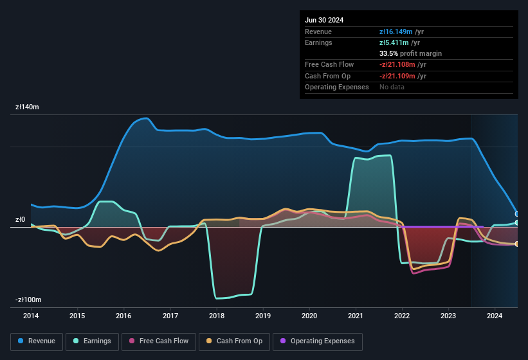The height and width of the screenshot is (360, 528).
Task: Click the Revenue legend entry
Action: click(37, 341)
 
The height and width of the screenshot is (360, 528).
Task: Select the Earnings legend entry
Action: click(93, 341)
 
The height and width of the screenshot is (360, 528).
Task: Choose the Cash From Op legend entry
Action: click(234, 341)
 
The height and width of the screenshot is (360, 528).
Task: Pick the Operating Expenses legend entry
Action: click(318, 341)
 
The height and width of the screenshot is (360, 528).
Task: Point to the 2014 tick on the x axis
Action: click(31, 316)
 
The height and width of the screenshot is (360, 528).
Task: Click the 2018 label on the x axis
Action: click(217, 316)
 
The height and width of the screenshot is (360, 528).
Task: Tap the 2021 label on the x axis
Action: click(356, 316)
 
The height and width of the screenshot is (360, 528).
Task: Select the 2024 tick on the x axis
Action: click(495, 316)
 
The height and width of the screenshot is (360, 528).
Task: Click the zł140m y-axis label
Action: click(28, 107)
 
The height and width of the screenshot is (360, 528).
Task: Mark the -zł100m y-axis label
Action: click(28, 300)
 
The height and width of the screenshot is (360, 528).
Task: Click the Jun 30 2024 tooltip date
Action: click(324, 20)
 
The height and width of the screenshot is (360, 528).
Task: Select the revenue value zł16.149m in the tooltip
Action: click(396, 32)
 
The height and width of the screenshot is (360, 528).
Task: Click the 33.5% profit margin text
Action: click(410, 53)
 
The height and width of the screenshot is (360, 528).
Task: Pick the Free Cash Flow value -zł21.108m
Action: click(397, 65)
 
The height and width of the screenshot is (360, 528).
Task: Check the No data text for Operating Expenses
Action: click(392, 87)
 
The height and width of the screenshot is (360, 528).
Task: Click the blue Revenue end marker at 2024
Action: click(517, 214)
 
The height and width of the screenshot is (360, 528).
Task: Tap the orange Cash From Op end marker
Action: click(517, 244)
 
